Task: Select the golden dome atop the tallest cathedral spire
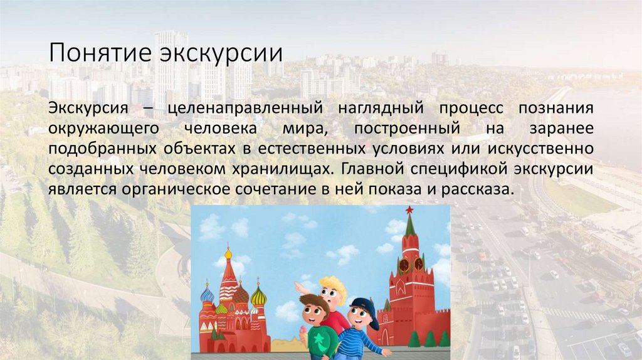tap(228, 254)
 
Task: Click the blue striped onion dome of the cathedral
tap(207, 294)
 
